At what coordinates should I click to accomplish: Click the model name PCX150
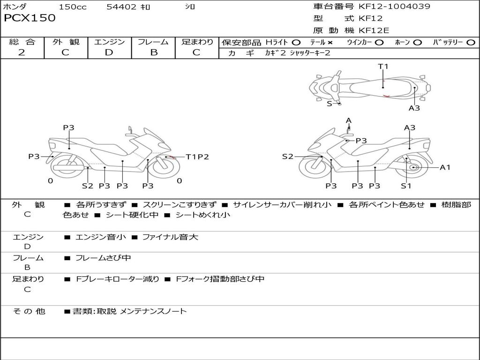pyautogui.click(x=30, y=18)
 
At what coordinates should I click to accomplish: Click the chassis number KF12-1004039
pyautogui.click(x=394, y=7)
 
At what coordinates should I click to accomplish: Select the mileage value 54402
pyautogui.click(x=121, y=7)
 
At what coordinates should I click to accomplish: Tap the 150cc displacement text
pyautogui.click(x=72, y=7)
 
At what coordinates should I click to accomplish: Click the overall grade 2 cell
pyautogui.click(x=22, y=52)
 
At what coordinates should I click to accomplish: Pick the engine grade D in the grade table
pyautogui.click(x=109, y=52)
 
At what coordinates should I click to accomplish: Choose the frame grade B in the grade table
pyautogui.click(x=153, y=52)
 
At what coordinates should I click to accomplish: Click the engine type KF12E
pyautogui.click(x=374, y=31)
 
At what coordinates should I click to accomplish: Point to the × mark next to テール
pyautogui.click(x=330, y=42)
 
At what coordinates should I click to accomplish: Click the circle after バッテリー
pyautogui.click(x=471, y=42)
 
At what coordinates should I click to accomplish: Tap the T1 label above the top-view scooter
pyautogui.click(x=383, y=67)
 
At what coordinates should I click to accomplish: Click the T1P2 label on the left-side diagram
pyautogui.click(x=197, y=157)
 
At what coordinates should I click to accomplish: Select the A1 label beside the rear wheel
pyautogui.click(x=445, y=167)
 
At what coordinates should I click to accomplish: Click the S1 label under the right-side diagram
pyautogui.click(x=406, y=186)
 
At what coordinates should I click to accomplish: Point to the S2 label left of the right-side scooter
pyautogui.click(x=287, y=157)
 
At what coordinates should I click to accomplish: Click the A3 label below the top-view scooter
pyautogui.click(x=414, y=108)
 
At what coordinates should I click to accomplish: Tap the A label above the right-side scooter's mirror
pyautogui.click(x=349, y=121)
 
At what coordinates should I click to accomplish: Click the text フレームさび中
pyautogui.click(x=103, y=258)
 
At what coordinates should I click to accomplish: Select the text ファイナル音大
pyautogui.click(x=170, y=237)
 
